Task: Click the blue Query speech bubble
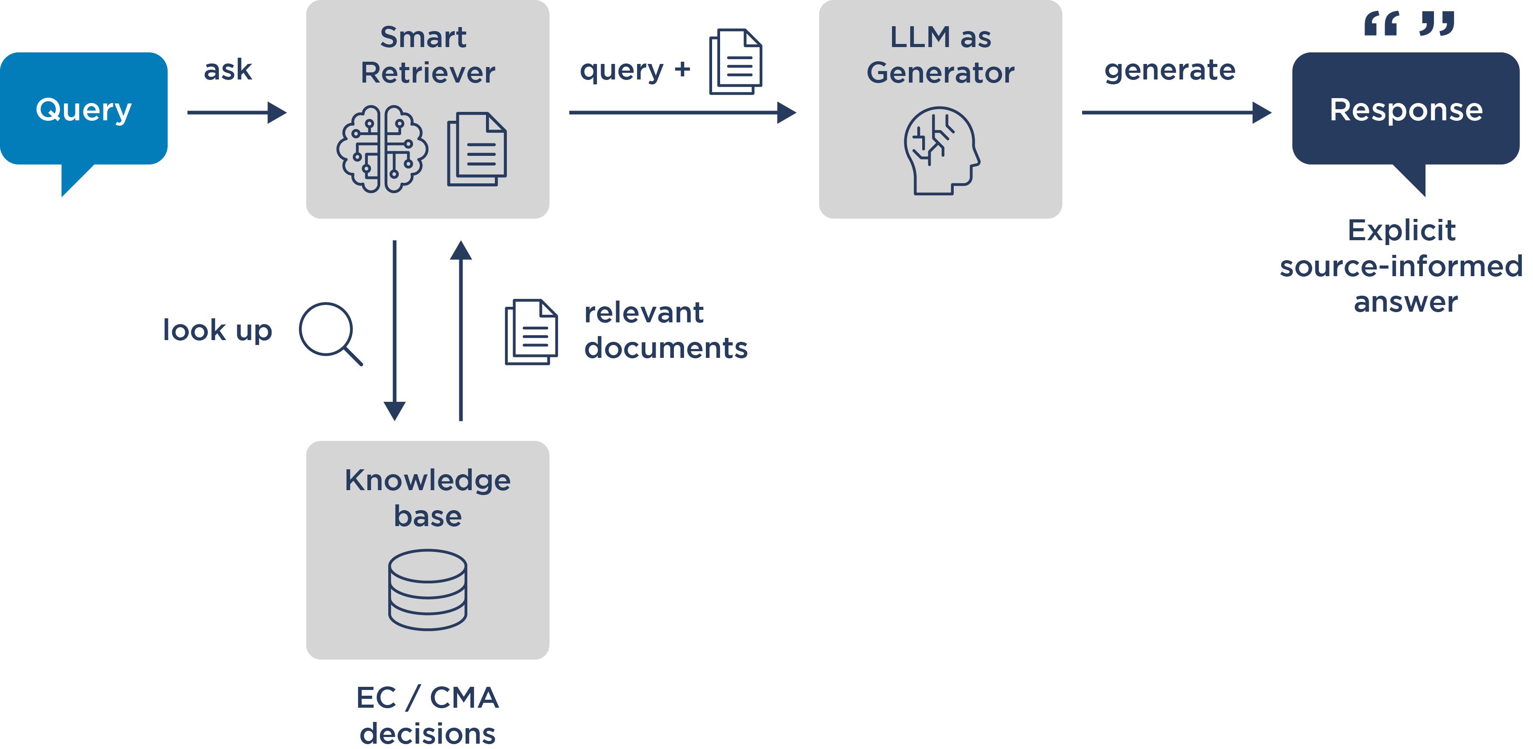(x=84, y=109)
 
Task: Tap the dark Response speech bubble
(x=1406, y=109)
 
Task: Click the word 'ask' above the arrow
(x=228, y=70)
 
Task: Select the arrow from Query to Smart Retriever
(x=237, y=112)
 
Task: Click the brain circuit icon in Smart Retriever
(x=382, y=149)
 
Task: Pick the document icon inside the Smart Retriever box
(x=477, y=149)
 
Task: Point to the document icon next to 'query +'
(x=736, y=61)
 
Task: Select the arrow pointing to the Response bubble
(x=1176, y=112)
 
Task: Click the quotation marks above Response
(x=1409, y=24)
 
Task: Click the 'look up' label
(x=217, y=330)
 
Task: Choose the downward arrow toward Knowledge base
(x=394, y=330)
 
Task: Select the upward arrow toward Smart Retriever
(x=461, y=330)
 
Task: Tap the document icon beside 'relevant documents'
(x=531, y=332)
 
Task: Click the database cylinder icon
(x=427, y=590)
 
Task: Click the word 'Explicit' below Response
(x=1402, y=230)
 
